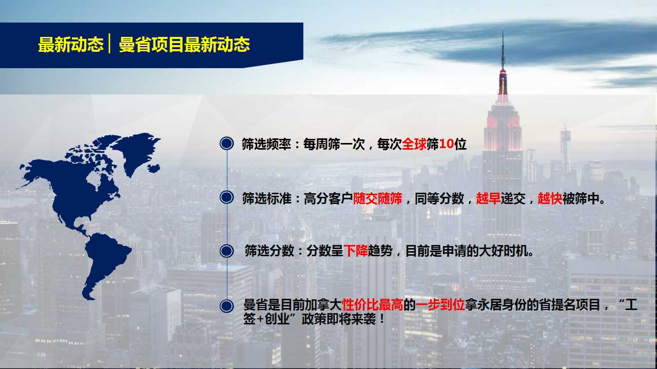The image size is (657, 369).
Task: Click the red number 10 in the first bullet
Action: pyautogui.click(x=447, y=144)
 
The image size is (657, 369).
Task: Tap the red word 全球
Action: pyautogui.click(x=414, y=144)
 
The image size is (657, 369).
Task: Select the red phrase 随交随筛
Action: pyautogui.click(x=377, y=198)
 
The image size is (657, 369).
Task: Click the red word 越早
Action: pyautogui.click(x=488, y=198)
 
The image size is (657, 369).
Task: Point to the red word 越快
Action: pyautogui.click(x=550, y=198)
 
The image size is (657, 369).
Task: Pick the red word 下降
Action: pyautogui.click(x=356, y=251)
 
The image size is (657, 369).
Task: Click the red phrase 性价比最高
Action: pyautogui.click(x=373, y=305)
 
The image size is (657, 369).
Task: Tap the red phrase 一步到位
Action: pyautogui.click(x=440, y=305)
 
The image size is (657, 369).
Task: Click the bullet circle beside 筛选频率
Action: pyautogui.click(x=227, y=143)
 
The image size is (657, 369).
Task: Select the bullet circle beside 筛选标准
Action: pyautogui.click(x=227, y=197)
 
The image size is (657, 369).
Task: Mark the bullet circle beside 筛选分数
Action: pyautogui.click(x=227, y=251)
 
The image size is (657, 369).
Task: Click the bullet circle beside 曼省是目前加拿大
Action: pyautogui.click(x=227, y=306)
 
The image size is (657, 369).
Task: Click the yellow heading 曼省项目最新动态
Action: pyautogui.click(x=184, y=45)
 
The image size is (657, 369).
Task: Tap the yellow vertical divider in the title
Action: pyautogui.click(x=109, y=44)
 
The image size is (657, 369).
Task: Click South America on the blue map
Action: pyautogui.click(x=104, y=261)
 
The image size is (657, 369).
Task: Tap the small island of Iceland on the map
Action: pyautogui.click(x=153, y=169)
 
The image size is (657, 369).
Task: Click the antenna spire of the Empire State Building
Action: pyautogui.click(x=503, y=50)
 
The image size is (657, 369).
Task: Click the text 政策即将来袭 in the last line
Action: pyautogui.click(x=338, y=319)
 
